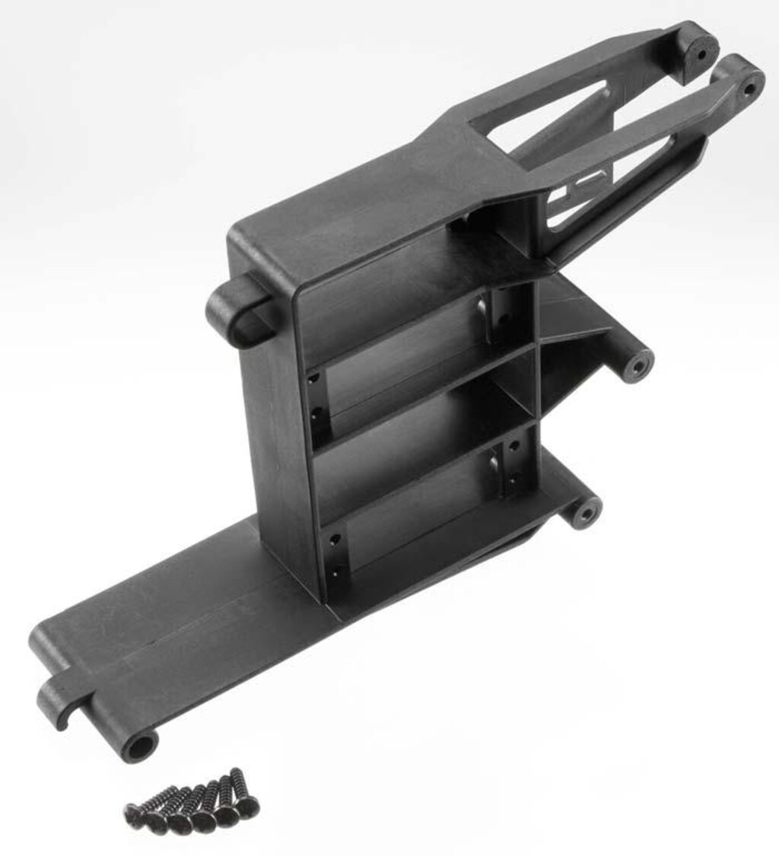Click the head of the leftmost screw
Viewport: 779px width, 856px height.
click(132, 814)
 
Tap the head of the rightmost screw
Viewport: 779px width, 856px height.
click(248, 806)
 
